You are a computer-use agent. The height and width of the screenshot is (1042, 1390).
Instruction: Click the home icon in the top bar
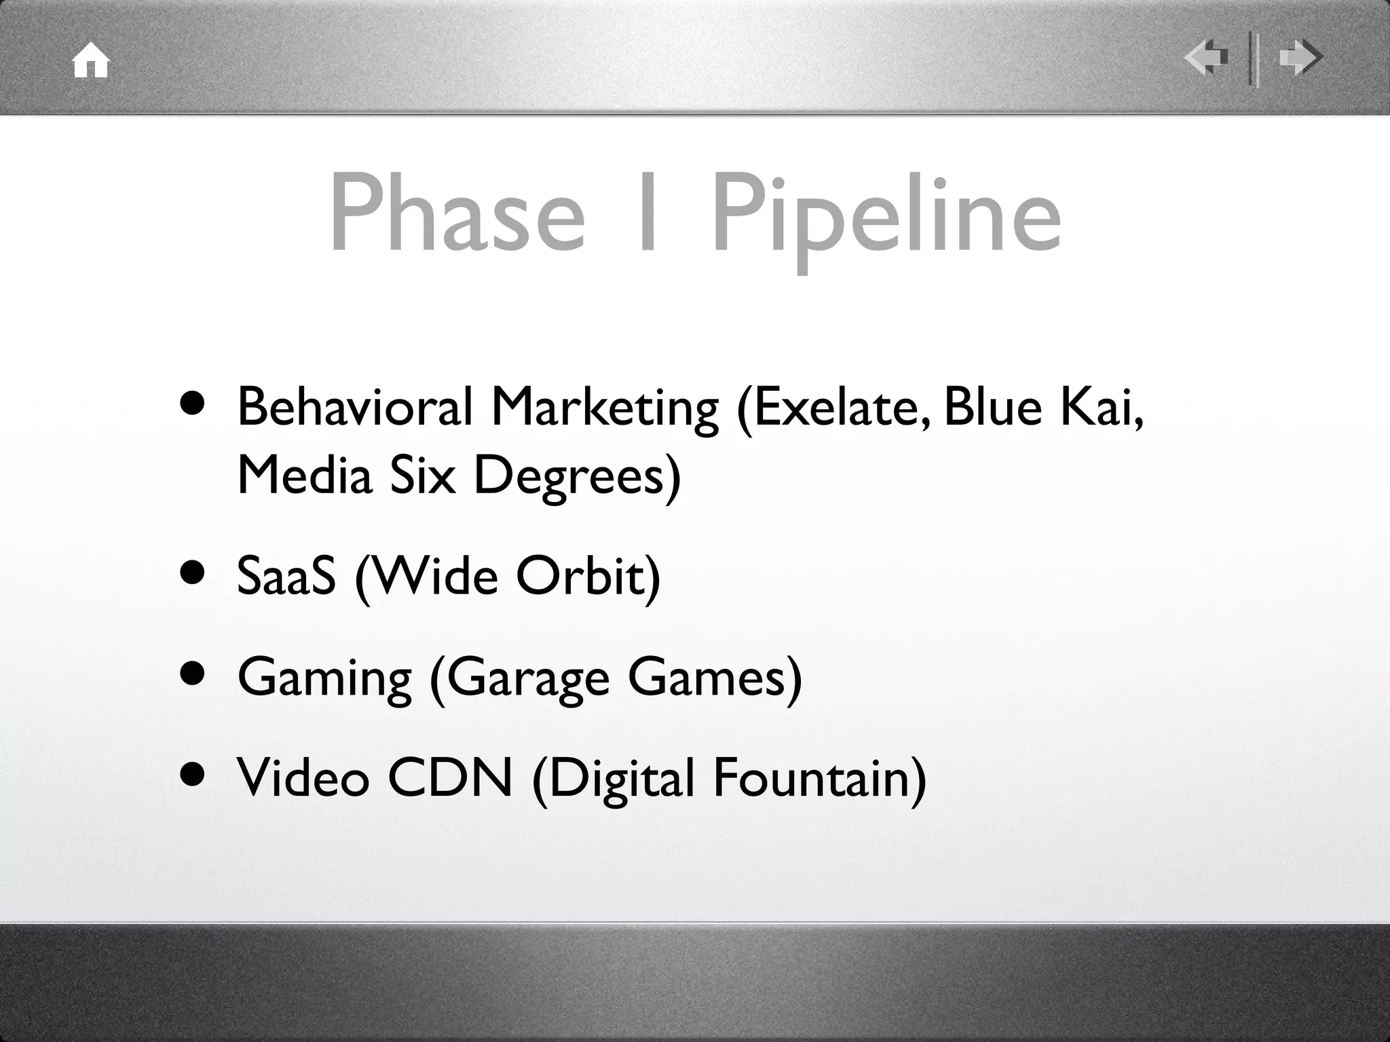[x=91, y=61]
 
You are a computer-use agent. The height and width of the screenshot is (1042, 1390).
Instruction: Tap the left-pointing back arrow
[x=1207, y=57]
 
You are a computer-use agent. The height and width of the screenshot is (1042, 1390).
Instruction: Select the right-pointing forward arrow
[x=1300, y=57]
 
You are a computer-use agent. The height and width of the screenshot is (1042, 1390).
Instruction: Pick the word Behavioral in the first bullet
[x=354, y=407]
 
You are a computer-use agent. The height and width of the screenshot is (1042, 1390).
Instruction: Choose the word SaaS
[x=286, y=576]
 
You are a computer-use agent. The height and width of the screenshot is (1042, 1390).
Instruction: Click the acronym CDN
[x=449, y=777]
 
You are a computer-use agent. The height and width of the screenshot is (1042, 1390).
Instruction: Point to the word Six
[x=423, y=476]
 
